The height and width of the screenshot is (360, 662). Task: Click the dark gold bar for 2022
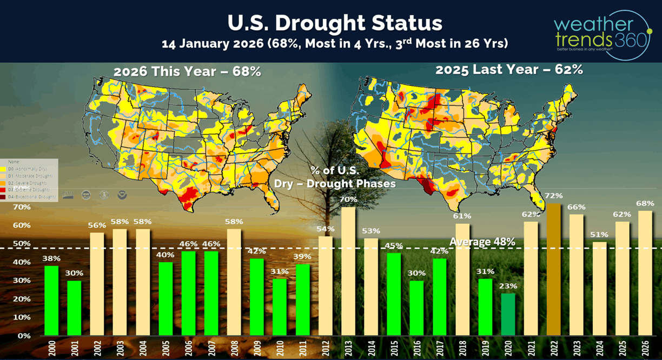coord(554,269)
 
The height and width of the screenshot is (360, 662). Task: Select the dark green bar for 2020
coord(508,314)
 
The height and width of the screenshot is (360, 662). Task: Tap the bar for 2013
coord(348,271)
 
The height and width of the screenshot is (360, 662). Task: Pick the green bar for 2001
coord(74,308)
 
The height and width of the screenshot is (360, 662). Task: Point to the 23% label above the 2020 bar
coord(508,286)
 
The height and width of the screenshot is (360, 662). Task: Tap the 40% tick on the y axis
coord(21,262)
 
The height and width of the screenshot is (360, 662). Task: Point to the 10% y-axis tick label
coord(21,317)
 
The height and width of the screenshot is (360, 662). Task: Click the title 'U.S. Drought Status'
coord(335,23)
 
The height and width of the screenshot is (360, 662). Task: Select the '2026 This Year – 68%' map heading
coord(187,71)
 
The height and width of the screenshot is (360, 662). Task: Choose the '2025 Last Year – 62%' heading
coord(509,70)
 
